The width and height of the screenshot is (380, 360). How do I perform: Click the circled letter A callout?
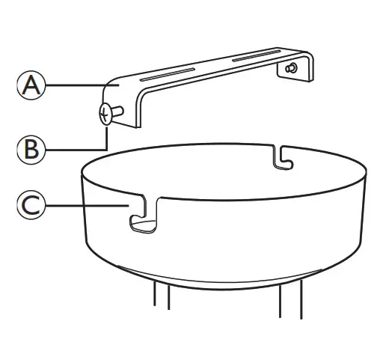(x=30, y=86)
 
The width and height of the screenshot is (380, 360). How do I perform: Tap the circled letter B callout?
(x=30, y=148)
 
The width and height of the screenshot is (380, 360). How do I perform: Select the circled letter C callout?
(x=30, y=204)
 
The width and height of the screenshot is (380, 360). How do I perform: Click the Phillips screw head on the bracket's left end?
(x=105, y=115)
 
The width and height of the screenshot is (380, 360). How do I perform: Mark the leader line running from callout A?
(x=75, y=86)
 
